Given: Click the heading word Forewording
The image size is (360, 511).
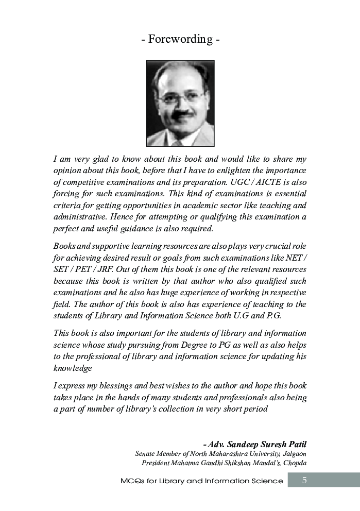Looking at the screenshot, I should coord(180,39).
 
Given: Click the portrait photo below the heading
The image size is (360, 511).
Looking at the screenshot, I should coord(180,104).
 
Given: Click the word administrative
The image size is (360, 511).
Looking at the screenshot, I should coord(79,217).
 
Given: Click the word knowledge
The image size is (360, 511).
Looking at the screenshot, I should coord(73,368).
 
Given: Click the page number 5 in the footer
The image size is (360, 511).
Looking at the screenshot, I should coord(304,480).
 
